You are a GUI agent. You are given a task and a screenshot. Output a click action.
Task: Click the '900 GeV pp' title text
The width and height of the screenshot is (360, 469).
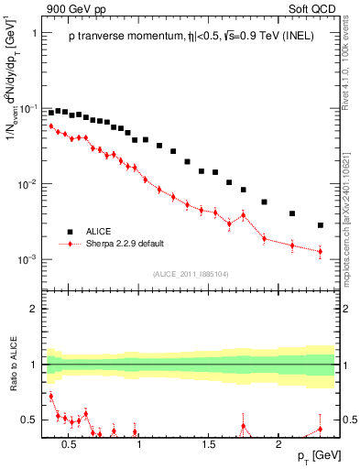coord(75,9)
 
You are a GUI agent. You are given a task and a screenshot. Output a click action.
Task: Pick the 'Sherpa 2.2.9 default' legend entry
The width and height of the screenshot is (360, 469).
coord(119,245)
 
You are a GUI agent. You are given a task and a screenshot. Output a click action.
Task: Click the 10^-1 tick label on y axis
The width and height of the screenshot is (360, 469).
coord(27,108)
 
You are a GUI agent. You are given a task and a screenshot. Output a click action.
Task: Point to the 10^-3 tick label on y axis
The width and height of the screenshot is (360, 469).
coord(27,259)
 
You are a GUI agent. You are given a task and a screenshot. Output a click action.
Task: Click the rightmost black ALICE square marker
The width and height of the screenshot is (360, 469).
coord(321,225)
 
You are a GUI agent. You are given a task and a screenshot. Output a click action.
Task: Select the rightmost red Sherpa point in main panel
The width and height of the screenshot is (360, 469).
coord(321,251)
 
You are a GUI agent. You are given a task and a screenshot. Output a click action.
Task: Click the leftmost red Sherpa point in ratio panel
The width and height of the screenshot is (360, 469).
coord(51,397)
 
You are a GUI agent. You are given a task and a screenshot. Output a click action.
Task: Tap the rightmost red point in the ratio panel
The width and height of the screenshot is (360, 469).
coord(321,428)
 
